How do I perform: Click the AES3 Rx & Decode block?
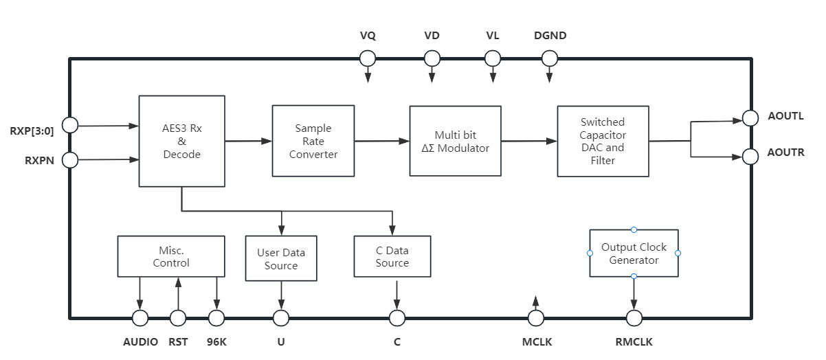pos(181,141)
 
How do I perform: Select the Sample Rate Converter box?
pos(313,141)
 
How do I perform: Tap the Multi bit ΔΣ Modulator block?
pos(455,142)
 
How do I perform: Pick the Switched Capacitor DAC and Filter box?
pos(603,141)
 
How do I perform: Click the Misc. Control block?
pos(171,256)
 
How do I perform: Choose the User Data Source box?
pos(281,258)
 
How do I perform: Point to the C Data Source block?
pos(392,257)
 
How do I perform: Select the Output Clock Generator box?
pos(634,254)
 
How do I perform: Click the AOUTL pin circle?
pos(750,118)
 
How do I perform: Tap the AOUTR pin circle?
pos(750,157)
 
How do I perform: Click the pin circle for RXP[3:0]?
pos(69,125)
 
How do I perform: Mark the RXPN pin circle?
pos(69,160)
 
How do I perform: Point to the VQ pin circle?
pos(368,58)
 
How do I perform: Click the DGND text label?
pos(550,36)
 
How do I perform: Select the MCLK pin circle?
pos(535,317)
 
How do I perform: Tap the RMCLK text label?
pos(634,341)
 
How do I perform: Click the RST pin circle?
pos(178,317)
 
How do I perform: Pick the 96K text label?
pos(216,341)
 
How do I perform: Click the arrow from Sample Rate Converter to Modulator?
pos(382,142)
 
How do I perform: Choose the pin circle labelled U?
pos(281,317)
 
